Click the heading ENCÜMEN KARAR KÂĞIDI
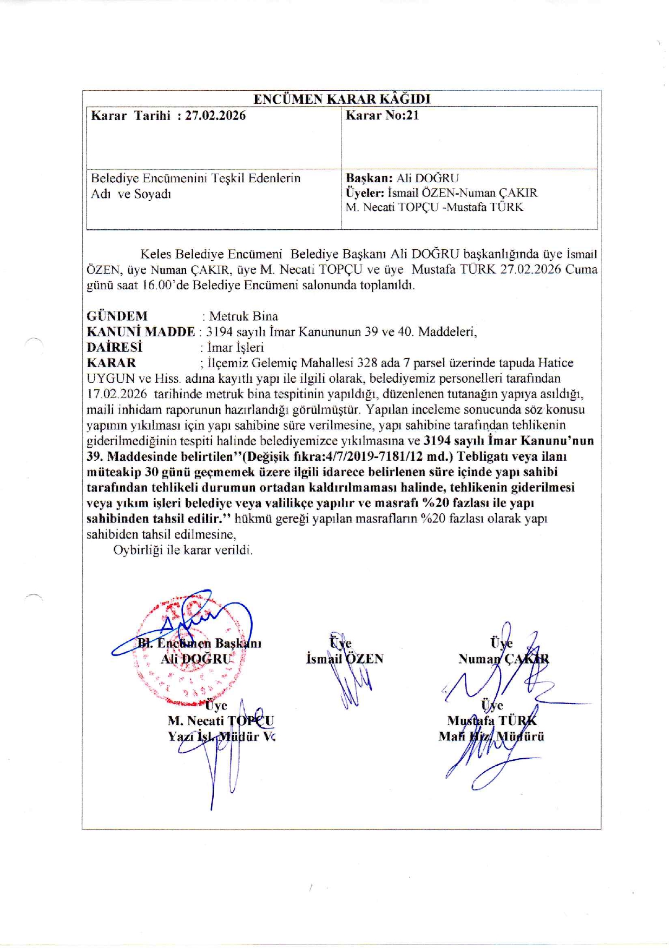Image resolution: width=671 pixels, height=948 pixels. click(342, 99)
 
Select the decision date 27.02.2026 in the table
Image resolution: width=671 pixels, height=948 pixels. click(215, 115)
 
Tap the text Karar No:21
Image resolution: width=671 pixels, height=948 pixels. click(382, 115)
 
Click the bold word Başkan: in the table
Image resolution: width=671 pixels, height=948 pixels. click(369, 178)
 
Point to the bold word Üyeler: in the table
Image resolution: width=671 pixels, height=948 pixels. click(365, 193)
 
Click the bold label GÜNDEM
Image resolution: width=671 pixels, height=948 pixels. click(117, 316)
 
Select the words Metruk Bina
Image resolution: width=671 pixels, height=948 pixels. click(244, 316)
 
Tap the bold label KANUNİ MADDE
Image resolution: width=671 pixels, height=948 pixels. click(141, 332)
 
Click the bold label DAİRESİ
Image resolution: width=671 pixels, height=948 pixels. click(114, 347)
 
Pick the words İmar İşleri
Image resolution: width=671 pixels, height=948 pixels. click(235, 347)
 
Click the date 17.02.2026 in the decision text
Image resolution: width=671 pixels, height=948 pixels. click(117, 394)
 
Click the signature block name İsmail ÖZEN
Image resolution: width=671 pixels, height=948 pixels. click(345, 659)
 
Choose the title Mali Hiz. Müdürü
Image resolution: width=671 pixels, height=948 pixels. click(491, 736)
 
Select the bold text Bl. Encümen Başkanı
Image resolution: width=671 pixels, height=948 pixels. click(200, 643)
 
